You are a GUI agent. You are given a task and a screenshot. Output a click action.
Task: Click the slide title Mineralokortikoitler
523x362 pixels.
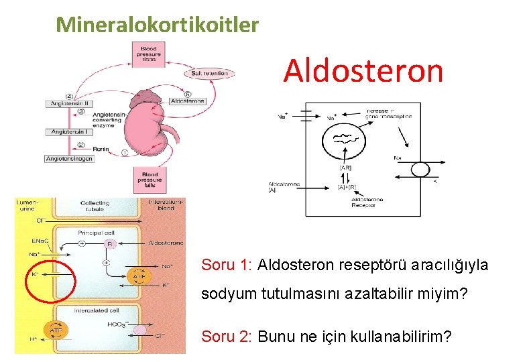158,25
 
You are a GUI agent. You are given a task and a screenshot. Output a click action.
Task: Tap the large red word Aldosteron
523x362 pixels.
363,70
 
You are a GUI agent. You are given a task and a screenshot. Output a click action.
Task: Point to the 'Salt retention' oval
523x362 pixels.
209,72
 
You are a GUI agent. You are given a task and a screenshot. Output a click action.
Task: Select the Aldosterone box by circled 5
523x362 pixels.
187,101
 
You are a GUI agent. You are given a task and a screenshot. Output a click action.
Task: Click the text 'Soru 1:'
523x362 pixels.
226,265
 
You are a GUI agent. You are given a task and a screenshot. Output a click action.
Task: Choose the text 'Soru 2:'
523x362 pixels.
226,336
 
